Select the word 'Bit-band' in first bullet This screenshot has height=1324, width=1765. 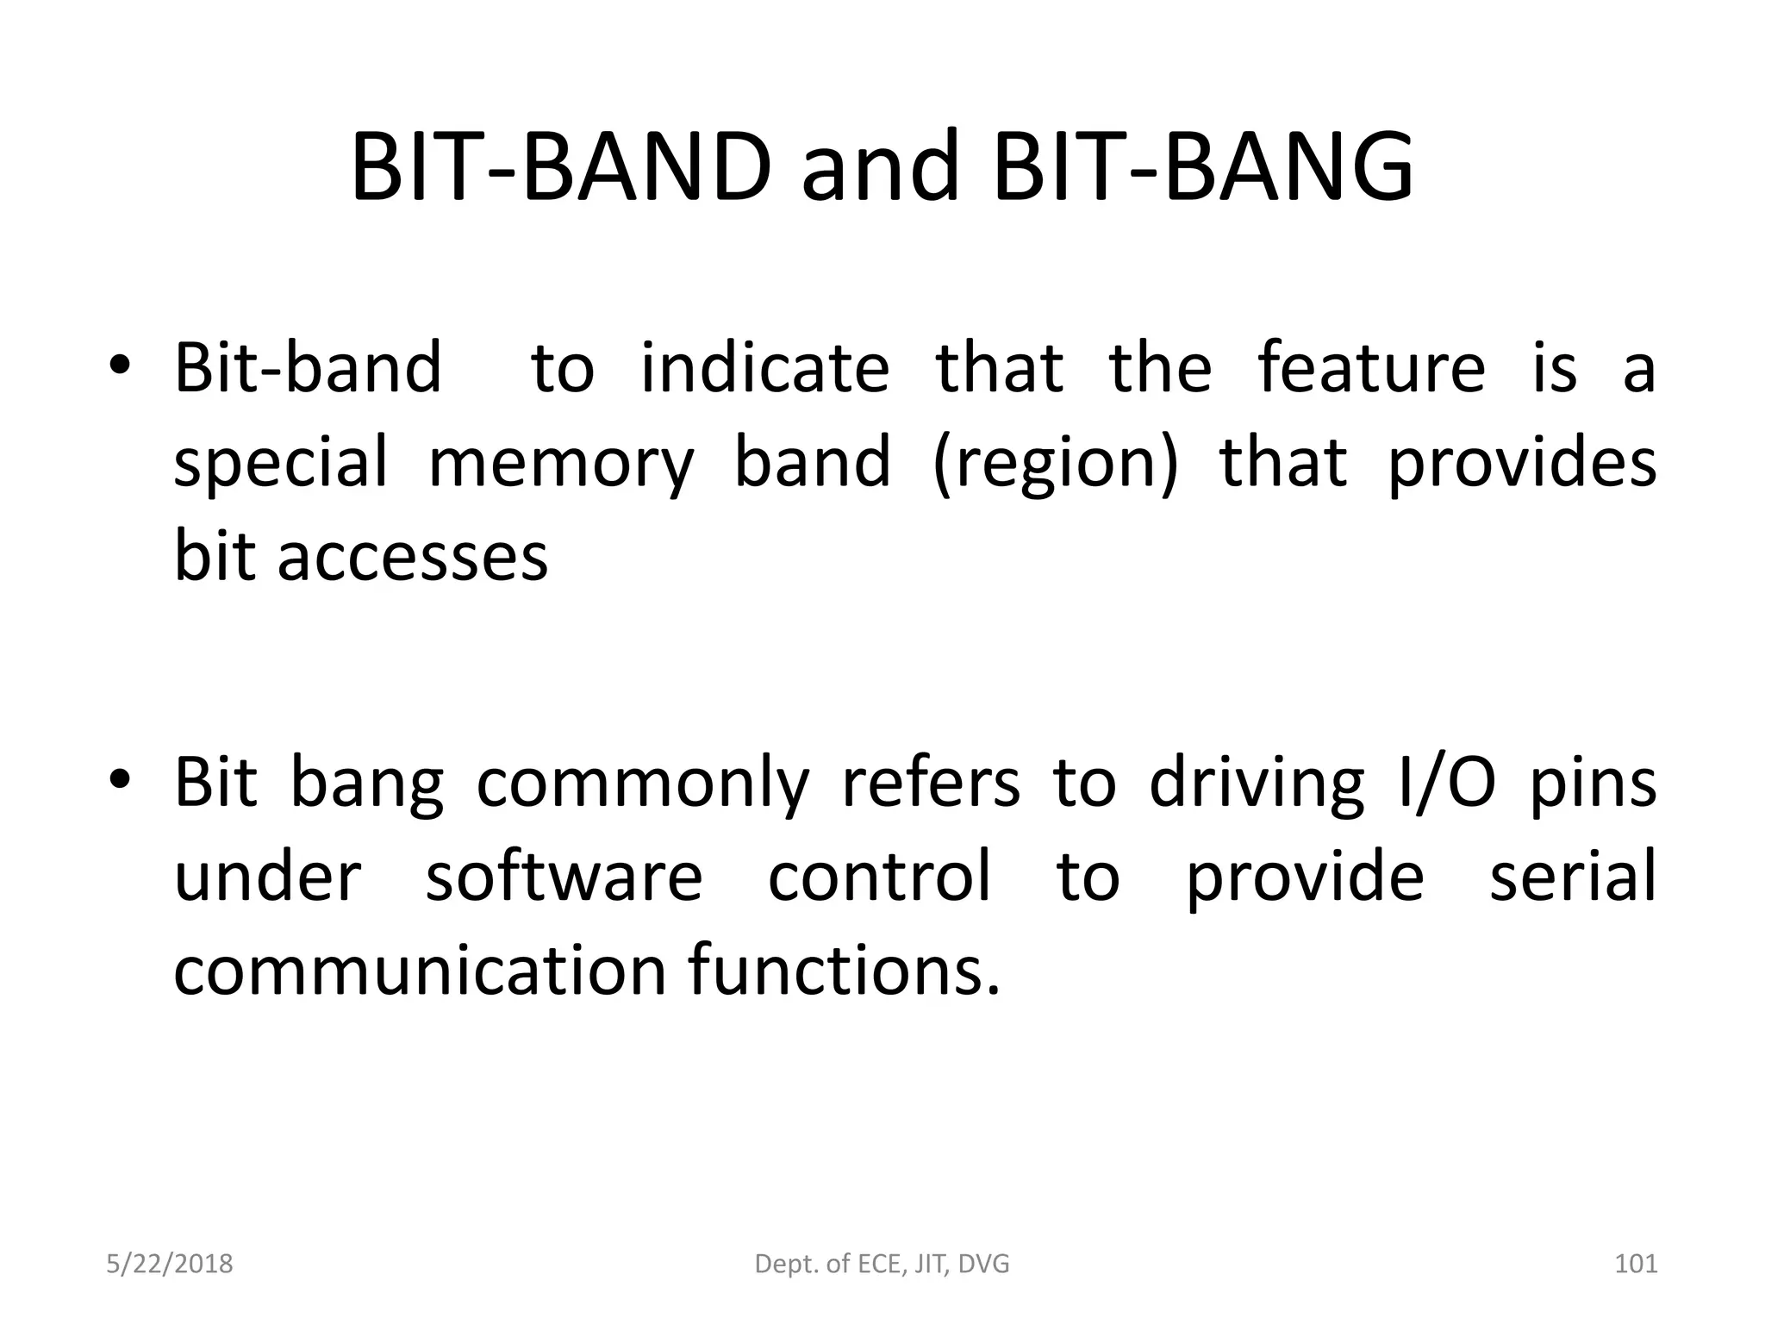click(x=308, y=368)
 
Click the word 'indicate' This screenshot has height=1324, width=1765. click(x=764, y=368)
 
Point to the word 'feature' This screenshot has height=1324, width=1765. click(x=1371, y=368)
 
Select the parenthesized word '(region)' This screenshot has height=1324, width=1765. click(x=1055, y=463)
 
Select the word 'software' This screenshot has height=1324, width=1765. click(x=564, y=877)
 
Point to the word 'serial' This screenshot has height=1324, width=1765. click(x=1572, y=877)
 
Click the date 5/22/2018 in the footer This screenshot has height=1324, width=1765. click(x=170, y=1264)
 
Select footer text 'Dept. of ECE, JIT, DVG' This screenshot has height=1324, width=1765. click(x=882, y=1264)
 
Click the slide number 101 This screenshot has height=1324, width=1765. click(x=1635, y=1264)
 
